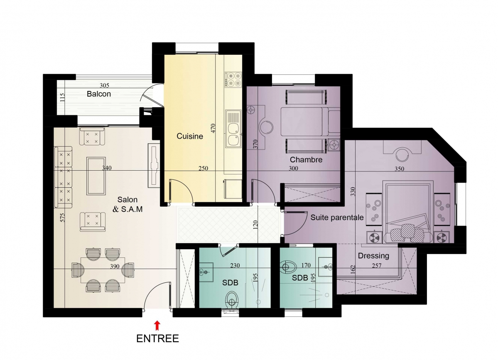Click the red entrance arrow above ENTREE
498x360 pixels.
click(157, 326)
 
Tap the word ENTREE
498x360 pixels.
click(157, 339)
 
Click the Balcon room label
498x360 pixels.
click(99, 94)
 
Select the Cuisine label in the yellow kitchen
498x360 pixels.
click(190, 136)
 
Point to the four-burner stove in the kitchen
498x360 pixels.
click(233, 80)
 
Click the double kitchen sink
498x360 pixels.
click(233, 129)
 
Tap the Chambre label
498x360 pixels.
click(306, 160)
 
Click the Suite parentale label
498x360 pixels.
click(337, 218)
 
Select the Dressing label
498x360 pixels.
click(373, 256)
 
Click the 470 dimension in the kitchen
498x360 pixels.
click(213, 128)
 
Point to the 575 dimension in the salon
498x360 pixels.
click(62, 218)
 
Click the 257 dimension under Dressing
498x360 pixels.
click(377, 266)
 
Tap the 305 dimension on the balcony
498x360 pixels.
click(105, 86)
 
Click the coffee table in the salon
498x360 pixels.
click(96, 176)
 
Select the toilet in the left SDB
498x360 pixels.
click(231, 300)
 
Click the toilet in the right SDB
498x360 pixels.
click(289, 267)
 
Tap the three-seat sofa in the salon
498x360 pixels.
click(63, 177)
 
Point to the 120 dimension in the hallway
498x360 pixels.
click(256, 225)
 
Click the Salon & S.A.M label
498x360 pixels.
click(128, 204)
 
